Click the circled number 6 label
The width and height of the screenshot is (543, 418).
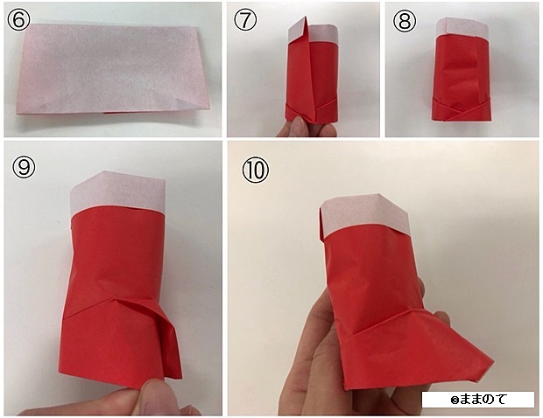[x=18, y=20]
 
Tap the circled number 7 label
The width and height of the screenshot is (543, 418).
[x=245, y=20]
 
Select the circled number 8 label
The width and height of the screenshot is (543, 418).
[x=404, y=21]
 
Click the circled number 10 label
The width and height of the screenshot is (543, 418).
[x=256, y=171]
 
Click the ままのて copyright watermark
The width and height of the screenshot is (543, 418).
[x=478, y=400]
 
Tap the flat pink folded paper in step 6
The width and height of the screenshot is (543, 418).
[x=112, y=69]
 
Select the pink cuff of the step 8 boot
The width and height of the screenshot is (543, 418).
[x=462, y=28]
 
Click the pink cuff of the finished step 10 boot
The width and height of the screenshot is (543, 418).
[x=364, y=213]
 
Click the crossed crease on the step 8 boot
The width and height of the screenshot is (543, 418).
[x=462, y=111]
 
